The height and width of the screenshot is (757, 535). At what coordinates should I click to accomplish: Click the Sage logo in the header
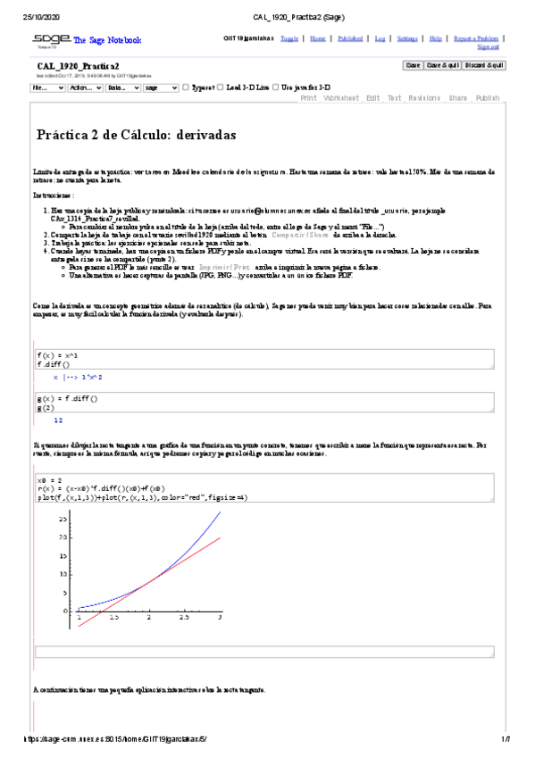48,40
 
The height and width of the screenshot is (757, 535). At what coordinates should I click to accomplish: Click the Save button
414,65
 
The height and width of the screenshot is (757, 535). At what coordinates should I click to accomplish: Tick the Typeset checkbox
186,88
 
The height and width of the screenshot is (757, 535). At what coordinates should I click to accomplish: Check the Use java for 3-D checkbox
276,88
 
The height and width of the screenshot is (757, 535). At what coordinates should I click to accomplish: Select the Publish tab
488,98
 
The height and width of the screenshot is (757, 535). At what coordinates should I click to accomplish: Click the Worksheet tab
341,98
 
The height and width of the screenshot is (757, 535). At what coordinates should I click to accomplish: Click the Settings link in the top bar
406,39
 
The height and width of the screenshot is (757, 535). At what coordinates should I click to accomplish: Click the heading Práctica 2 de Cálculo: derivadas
136,135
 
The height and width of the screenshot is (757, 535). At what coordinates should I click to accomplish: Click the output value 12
58,420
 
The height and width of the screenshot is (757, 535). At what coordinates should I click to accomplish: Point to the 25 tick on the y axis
63,517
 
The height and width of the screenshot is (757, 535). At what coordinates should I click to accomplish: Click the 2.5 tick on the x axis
184,617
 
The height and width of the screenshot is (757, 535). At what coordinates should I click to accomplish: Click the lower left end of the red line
79,614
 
